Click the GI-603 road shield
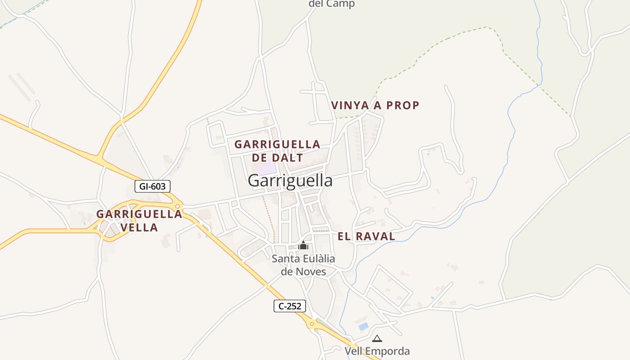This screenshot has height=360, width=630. (153, 186)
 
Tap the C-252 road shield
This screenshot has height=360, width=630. (290, 306)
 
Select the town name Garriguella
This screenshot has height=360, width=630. (290, 180)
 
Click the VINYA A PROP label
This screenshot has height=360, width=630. (375, 105)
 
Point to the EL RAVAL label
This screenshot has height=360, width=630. (366, 236)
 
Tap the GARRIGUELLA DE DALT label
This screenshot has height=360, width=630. (277, 151)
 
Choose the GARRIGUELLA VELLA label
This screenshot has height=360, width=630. (139, 220)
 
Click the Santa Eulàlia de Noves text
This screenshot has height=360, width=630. (303, 265)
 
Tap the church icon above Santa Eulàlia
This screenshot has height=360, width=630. (303, 245)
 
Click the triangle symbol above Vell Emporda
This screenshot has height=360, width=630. (377, 338)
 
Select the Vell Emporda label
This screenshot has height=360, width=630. (377, 351)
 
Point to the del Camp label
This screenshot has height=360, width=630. (332, 4)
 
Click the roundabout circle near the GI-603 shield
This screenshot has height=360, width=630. (178, 207)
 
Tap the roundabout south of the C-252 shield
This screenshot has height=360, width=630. (311, 324)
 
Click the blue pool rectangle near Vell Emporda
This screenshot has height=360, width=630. (363, 326)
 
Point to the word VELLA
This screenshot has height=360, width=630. (139, 228)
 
